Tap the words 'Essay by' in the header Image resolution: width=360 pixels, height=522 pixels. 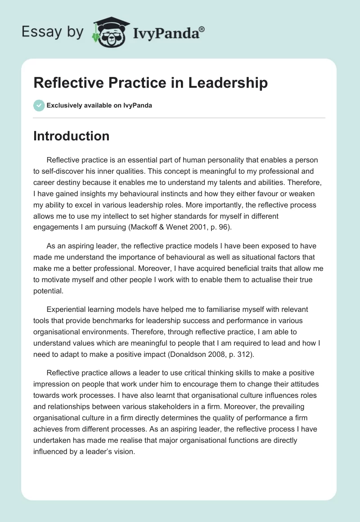(x=53, y=32)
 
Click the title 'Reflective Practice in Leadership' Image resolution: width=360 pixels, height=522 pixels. (x=150, y=83)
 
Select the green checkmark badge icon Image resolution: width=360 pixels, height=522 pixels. (x=39, y=105)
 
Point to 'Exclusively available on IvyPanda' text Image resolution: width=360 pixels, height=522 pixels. (x=99, y=105)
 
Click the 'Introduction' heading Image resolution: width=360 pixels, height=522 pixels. (x=71, y=136)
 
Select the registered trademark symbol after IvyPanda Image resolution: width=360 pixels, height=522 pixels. (x=202, y=29)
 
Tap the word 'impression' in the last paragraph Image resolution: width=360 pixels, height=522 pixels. (x=52, y=384)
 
